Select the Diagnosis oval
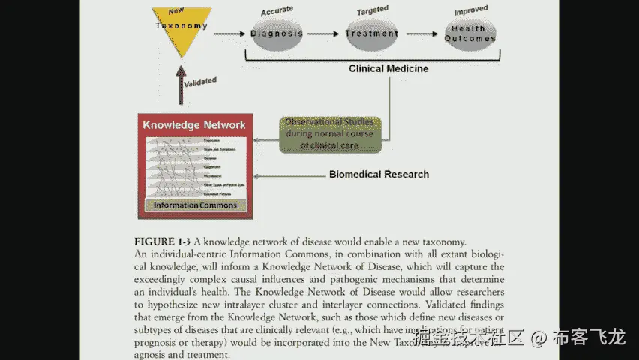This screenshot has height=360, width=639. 277,34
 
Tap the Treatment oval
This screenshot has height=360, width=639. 372,34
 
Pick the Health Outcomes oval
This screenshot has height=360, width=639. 469,34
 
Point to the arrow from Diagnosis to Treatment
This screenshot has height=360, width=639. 324,34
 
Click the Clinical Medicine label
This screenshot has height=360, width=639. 388,68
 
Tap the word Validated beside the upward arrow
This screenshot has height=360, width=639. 200,81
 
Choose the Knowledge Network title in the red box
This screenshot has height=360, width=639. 194,124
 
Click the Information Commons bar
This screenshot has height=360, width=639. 195,205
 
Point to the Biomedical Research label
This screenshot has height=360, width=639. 379,175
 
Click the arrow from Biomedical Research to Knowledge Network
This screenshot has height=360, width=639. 289,177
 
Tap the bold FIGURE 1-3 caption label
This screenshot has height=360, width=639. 162,241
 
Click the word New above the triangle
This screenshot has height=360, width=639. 177,11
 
